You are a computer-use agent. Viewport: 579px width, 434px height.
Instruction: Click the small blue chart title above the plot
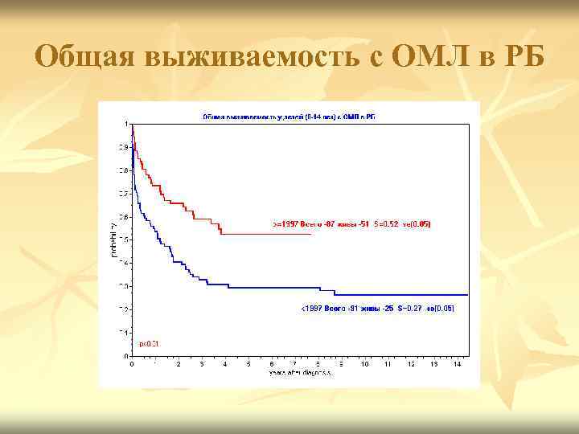point(289,117)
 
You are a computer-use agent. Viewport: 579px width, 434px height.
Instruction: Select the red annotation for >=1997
point(351,224)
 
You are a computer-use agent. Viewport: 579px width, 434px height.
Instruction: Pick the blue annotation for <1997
point(377,309)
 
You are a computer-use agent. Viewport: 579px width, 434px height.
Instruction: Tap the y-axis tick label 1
point(125,124)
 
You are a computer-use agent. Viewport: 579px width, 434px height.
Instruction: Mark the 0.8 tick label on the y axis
point(124,170)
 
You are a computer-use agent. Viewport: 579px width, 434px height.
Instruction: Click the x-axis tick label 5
point(248,364)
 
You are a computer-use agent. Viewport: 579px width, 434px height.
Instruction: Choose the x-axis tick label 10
point(364,364)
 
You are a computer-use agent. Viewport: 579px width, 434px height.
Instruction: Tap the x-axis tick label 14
point(458,364)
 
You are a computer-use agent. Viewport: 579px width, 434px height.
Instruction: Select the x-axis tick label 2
point(179,364)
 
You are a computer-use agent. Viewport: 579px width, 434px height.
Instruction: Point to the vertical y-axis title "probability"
point(113,239)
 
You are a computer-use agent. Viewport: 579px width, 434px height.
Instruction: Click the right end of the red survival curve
point(310,234)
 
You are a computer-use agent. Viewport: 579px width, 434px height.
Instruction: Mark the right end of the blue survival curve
point(467,295)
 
